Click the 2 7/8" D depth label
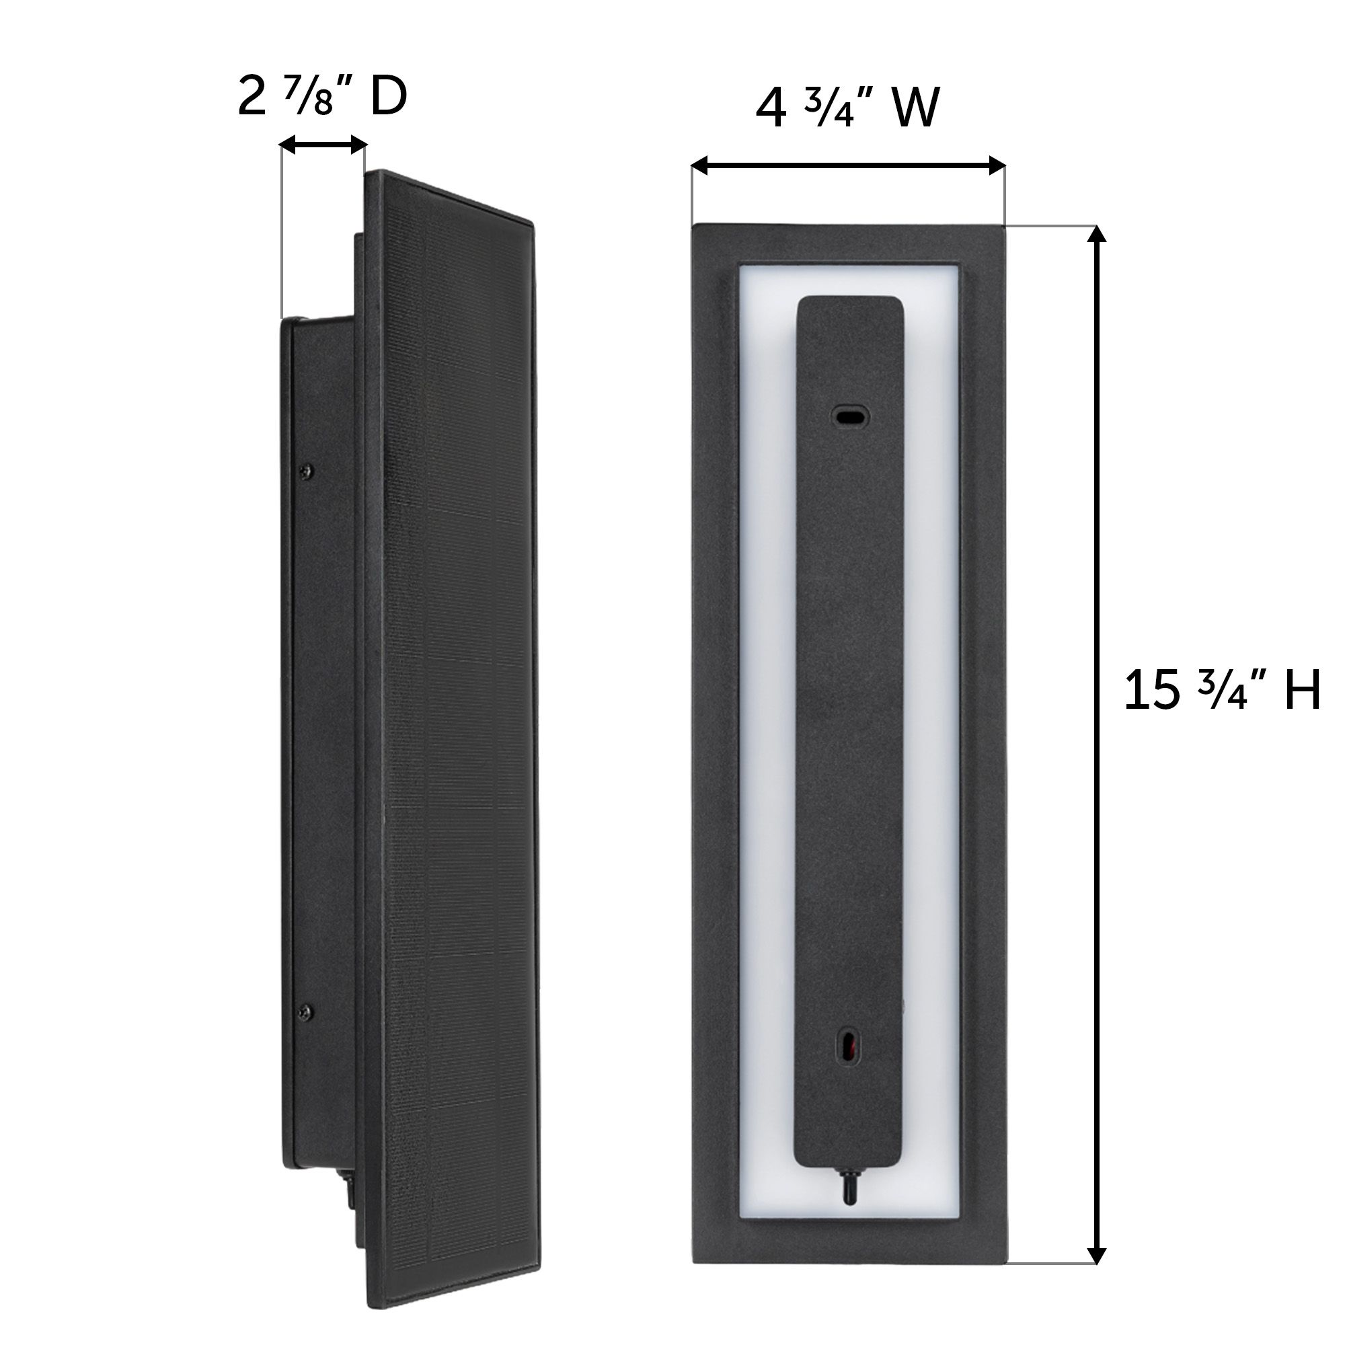(x=321, y=98)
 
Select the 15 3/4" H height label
(x=1222, y=691)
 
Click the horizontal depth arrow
(x=322, y=145)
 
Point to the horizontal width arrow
(x=848, y=165)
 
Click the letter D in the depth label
(x=388, y=98)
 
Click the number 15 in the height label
(x=1153, y=691)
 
